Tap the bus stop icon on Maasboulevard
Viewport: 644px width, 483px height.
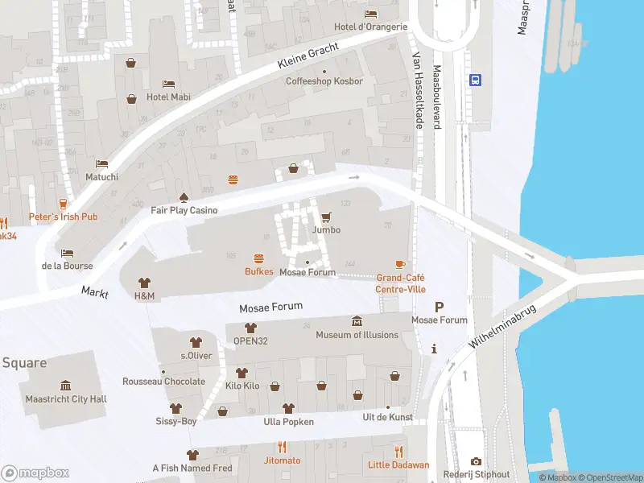point(475,80)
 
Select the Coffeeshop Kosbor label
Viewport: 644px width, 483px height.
point(324,81)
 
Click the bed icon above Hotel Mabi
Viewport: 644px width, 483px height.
point(168,84)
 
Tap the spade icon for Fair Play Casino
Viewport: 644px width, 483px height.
point(184,196)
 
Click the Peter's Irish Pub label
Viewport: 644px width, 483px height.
point(63,217)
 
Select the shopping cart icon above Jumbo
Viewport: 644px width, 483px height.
point(326,217)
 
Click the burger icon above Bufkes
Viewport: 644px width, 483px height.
point(259,258)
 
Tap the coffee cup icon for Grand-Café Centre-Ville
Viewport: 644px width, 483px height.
point(400,264)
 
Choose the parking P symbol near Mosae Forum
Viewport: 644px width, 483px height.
point(439,307)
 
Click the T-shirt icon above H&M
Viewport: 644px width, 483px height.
point(144,283)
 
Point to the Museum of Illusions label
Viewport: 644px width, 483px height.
point(357,335)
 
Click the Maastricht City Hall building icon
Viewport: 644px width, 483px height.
point(65,386)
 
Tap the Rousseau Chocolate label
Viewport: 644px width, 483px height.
point(163,382)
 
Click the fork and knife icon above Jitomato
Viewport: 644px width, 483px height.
point(282,447)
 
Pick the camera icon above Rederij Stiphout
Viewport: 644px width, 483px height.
point(476,461)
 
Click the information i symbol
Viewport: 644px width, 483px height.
point(435,349)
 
